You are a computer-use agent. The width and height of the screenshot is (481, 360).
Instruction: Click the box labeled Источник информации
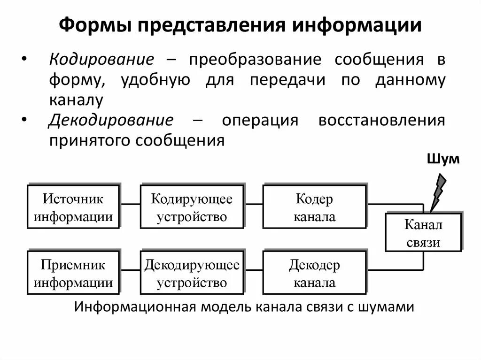coord(73,207)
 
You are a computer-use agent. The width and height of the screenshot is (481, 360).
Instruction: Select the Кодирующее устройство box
coord(192,207)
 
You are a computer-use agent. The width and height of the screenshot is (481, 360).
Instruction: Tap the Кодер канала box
coord(314,207)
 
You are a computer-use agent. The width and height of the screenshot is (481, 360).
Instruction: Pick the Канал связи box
coord(423,232)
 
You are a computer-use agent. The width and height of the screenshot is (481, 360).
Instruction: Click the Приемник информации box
coord(73,273)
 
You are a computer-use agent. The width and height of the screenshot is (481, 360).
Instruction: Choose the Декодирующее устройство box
coord(192,273)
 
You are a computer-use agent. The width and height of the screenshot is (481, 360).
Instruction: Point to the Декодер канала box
coord(314,273)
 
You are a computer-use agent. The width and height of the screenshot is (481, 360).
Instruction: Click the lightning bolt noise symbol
coord(438,191)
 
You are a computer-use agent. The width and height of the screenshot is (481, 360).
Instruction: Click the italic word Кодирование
coord(102,60)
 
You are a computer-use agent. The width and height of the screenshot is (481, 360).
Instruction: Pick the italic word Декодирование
coord(111,120)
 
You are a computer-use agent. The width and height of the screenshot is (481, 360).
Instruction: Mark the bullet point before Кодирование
coord(24,60)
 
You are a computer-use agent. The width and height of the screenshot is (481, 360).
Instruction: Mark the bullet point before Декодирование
coord(24,120)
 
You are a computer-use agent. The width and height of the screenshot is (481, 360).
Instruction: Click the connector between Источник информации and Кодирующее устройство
coord(130,204)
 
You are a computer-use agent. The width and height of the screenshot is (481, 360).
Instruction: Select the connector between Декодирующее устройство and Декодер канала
coord(254,270)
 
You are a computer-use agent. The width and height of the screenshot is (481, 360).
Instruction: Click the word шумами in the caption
coord(386,307)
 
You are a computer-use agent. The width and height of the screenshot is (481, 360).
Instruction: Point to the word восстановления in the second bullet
coord(381,120)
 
